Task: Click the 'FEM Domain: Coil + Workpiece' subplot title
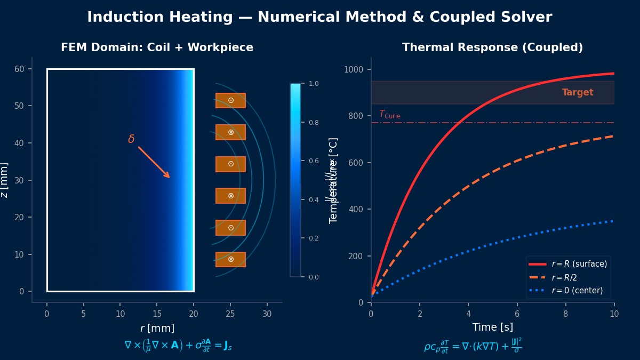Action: (x=157, y=47)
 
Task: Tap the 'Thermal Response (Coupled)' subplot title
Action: (x=492, y=47)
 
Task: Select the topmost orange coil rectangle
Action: (x=230, y=100)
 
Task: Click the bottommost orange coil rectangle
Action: (x=230, y=259)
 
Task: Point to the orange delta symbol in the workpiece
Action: (x=131, y=139)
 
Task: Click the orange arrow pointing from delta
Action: (x=154, y=162)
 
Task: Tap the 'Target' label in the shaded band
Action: (x=578, y=92)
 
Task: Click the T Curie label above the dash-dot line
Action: (x=389, y=115)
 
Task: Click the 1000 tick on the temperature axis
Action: (x=354, y=69)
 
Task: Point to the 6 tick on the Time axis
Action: (x=517, y=314)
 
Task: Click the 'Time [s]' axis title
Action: (x=492, y=327)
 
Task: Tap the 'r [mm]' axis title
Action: (x=157, y=328)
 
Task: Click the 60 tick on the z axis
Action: (x=20, y=69)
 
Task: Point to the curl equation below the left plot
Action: (x=178, y=346)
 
